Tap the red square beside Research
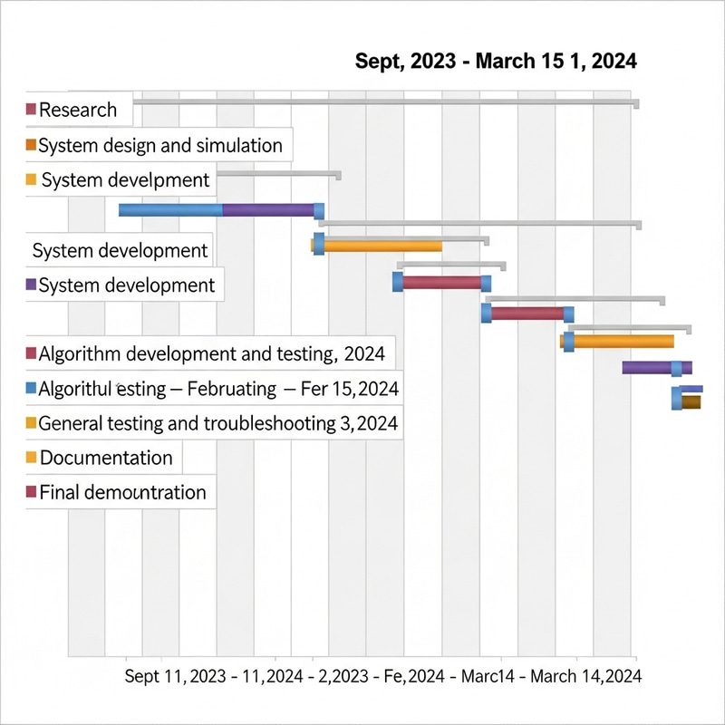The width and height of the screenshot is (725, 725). (x=32, y=110)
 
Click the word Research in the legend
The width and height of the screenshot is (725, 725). (x=78, y=110)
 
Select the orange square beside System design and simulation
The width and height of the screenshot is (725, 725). (x=32, y=145)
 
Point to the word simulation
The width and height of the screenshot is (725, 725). (x=236, y=145)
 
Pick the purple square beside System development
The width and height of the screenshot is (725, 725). (x=32, y=285)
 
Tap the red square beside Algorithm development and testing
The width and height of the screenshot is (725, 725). (x=32, y=353)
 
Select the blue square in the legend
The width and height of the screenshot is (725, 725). (x=32, y=388)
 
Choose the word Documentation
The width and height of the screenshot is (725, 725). (x=106, y=458)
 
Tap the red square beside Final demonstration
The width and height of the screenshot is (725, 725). (x=32, y=492)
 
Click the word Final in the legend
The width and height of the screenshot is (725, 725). (x=60, y=493)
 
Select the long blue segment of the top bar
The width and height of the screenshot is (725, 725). (x=170, y=210)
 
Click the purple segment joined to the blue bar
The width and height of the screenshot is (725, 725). (x=268, y=210)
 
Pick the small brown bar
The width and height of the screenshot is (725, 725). (x=691, y=401)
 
